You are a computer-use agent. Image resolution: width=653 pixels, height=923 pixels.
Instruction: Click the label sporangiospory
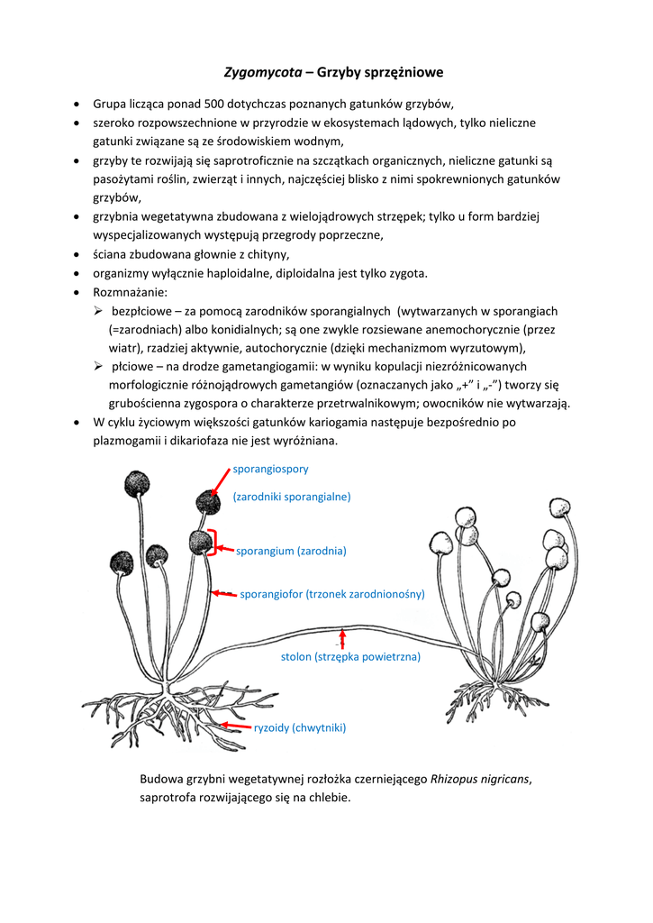pos(271,469)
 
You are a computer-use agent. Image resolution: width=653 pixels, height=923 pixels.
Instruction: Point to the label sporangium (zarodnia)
pos(291,550)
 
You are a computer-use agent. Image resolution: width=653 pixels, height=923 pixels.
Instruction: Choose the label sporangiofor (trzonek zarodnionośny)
pos(331,594)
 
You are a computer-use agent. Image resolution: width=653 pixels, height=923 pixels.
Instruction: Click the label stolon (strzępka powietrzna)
pos(350,657)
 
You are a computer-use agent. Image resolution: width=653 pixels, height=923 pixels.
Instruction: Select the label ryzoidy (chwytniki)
pos(300,727)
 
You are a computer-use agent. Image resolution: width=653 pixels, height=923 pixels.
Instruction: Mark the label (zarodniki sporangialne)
pos(292,496)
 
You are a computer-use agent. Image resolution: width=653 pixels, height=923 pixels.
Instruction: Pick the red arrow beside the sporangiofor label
pos(223,593)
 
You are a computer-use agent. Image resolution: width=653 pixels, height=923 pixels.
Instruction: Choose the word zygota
pos(407,274)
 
